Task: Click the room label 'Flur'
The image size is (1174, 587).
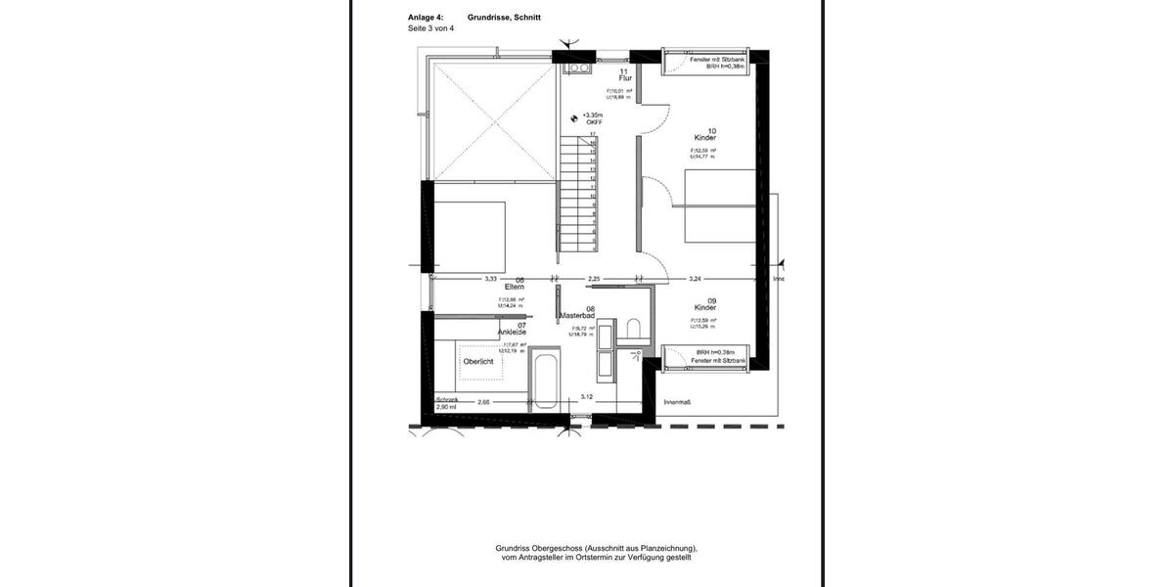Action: coord(625,78)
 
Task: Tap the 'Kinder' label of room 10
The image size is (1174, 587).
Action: coord(705,139)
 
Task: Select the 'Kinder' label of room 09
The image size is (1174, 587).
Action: coord(705,307)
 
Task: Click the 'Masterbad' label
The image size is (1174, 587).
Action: coord(577,316)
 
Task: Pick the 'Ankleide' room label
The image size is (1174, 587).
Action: coord(512,333)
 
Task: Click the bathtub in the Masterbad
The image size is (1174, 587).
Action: coord(545,383)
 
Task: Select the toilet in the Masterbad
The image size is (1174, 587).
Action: coord(633,329)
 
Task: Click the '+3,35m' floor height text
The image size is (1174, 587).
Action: coord(593,115)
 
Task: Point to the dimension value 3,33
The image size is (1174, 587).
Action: coord(491,279)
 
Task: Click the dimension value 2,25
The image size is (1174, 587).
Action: coord(593,279)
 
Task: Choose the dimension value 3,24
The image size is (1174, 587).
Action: coord(696,279)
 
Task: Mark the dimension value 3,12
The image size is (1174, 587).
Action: coord(586,397)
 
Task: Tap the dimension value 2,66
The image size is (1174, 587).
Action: coord(483,402)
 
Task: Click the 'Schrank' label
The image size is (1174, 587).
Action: coord(446,399)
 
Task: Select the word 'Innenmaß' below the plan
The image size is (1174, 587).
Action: coord(678,402)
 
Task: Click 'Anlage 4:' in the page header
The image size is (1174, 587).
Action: coord(426,18)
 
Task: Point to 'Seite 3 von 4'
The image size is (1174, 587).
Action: coord(430,28)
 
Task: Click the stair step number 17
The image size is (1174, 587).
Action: coord(593,134)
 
